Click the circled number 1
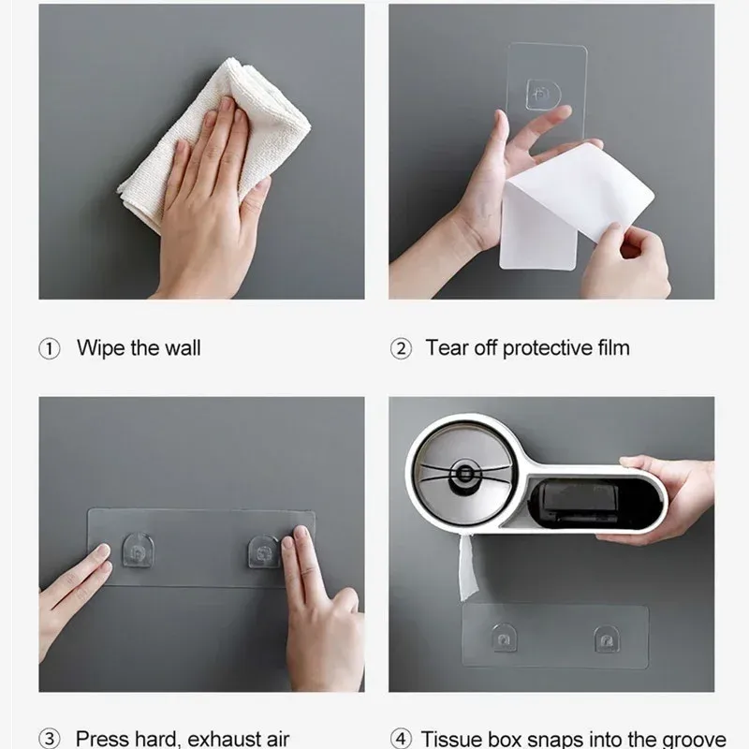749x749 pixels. tap(50, 348)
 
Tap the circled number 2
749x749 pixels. tap(401, 348)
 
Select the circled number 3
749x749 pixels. tap(50, 739)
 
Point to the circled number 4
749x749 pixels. tap(401, 739)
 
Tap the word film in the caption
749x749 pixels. tap(613, 347)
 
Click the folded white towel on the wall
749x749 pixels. tap(214, 143)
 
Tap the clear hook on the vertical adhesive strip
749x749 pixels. tap(543, 95)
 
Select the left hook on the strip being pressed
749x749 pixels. tap(138, 551)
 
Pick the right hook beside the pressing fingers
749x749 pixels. tap(263, 551)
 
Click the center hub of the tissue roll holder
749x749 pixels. tap(464, 475)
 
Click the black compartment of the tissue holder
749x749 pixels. tap(594, 503)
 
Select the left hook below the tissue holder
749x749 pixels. tap(504, 638)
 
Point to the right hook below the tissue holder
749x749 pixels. tap(607, 639)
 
